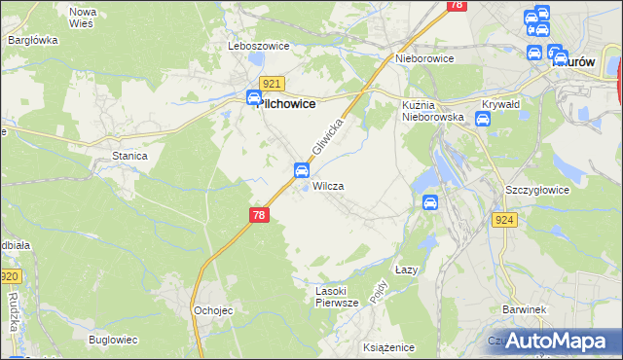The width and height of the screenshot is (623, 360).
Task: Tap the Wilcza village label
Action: point(328,185)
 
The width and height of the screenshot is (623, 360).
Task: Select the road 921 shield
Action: point(273,85)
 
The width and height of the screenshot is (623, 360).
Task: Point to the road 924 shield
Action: point(504,220)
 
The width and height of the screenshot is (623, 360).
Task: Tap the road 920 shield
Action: point(10,277)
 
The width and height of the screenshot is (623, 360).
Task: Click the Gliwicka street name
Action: point(330,140)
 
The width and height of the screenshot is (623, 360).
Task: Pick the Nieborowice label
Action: point(425,58)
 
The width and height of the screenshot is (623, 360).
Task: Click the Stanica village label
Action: point(129,156)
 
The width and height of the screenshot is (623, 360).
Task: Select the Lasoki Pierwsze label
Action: point(338,297)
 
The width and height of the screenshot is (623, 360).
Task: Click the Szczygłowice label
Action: point(536,190)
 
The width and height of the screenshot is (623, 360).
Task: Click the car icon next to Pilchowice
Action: point(253,97)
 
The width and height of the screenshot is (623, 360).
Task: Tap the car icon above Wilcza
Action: point(302,171)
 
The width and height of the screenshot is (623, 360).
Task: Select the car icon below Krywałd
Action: point(482,119)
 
